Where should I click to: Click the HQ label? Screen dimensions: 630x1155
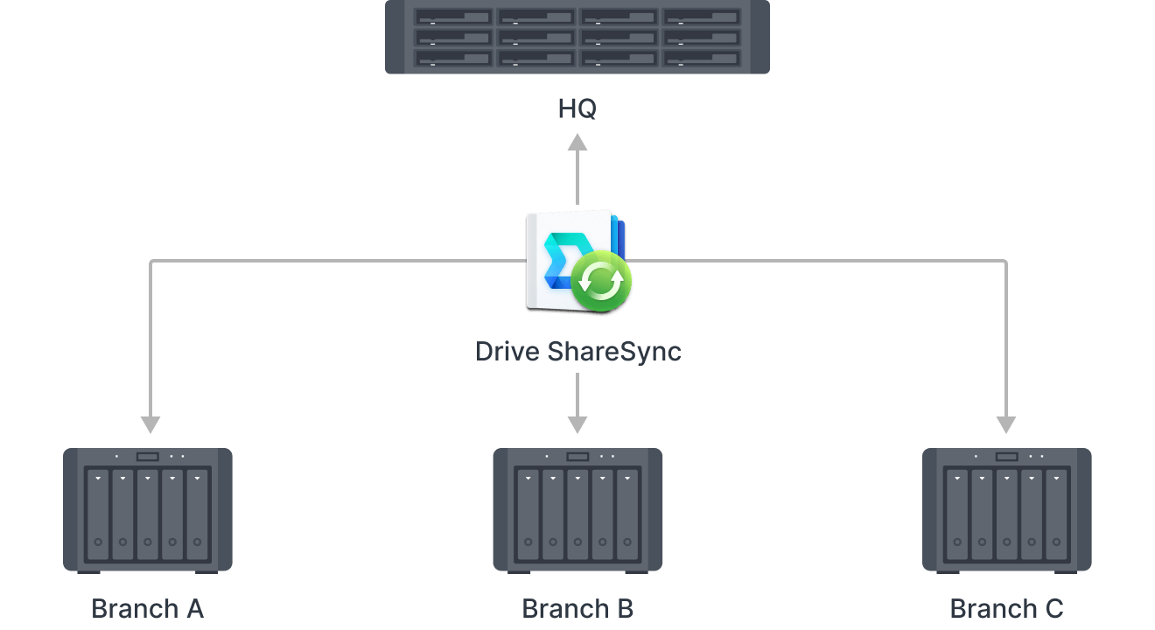point(577,109)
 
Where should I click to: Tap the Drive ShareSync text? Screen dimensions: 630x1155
point(577,352)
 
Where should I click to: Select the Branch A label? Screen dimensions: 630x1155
point(147,608)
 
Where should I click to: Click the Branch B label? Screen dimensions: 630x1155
point(577,608)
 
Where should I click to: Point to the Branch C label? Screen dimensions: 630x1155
point(1006,608)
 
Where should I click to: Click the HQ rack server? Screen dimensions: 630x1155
point(577,37)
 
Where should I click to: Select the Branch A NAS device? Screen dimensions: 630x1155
point(148,509)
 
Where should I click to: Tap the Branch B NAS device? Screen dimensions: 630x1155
point(577,509)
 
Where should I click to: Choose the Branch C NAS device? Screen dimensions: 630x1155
point(1007,509)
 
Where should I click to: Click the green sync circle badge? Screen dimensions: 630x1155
point(602,283)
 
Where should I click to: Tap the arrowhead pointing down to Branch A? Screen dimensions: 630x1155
point(150,424)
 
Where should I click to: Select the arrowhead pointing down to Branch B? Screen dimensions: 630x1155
point(577,424)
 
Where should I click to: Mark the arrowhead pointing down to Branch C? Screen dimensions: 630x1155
point(1006,424)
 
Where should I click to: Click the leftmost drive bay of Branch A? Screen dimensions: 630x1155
point(98,516)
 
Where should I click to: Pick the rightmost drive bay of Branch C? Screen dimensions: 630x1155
point(1057,516)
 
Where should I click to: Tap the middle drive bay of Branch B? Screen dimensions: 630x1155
point(577,516)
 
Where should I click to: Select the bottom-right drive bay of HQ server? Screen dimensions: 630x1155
point(702,58)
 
